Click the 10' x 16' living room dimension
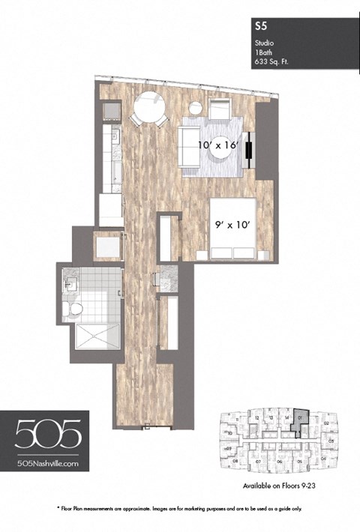click(217, 146)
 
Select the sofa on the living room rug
click(185, 147)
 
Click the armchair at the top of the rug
click(219, 112)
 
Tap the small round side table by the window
click(196, 107)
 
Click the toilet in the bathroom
click(74, 309)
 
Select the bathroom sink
click(73, 283)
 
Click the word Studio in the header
click(264, 43)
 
